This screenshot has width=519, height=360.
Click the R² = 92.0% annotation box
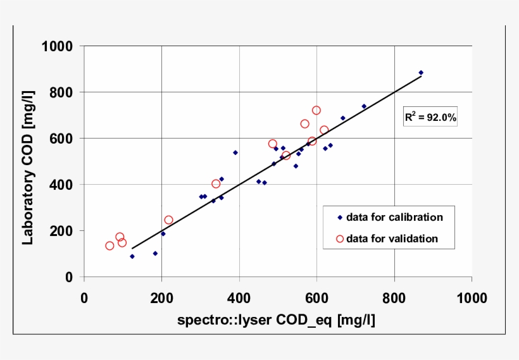[430, 117]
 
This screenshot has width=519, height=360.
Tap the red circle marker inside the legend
[339, 239]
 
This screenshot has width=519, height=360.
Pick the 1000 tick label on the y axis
[58, 46]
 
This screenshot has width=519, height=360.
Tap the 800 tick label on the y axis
[61, 92]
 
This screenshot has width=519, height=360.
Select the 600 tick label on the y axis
[61, 139]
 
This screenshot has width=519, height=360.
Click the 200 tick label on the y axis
[61, 231]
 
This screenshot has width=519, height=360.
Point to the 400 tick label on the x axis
[239, 298]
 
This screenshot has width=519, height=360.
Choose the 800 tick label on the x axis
[394, 298]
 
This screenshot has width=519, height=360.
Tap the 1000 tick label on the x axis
[472, 298]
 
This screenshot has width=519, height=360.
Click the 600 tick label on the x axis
[316, 298]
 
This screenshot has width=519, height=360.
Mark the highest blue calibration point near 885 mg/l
[421, 73]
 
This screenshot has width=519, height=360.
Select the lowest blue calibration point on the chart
[132, 256]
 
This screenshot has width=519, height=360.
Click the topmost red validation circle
[316, 111]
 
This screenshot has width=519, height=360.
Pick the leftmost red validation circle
[110, 245]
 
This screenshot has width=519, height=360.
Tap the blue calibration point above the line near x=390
[235, 152]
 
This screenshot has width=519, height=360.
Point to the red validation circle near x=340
[216, 184]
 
